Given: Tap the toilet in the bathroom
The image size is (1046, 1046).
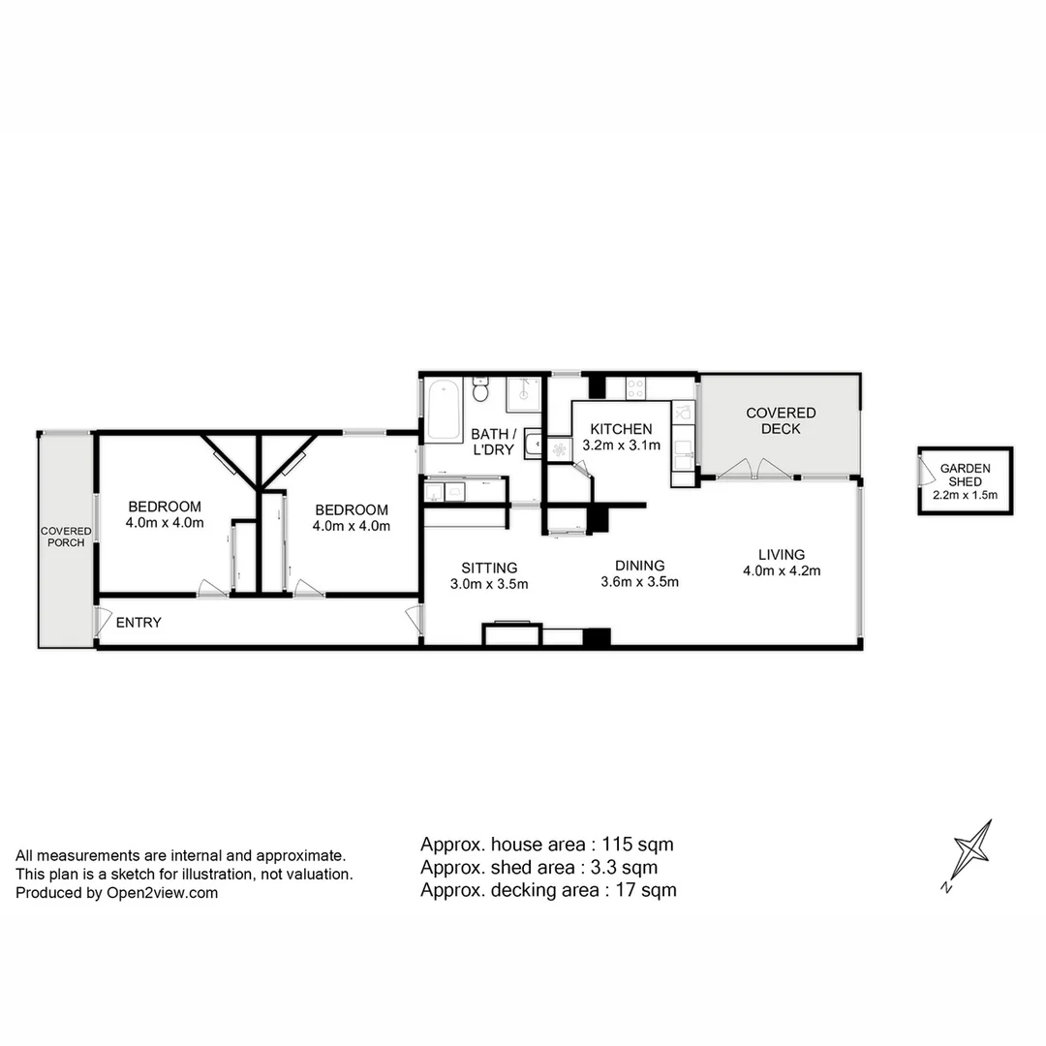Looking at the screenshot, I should tap(479, 391).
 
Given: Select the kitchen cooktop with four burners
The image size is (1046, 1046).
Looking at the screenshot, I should tap(635, 387).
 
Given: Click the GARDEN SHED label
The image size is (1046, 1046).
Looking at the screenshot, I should tap(965, 475).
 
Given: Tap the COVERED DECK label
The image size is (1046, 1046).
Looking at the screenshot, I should tap(781, 420).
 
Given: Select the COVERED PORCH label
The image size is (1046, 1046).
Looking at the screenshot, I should tap(66, 537).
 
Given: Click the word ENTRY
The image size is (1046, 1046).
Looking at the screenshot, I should tap(138, 623).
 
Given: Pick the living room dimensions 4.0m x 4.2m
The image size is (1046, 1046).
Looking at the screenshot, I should tap(782, 570).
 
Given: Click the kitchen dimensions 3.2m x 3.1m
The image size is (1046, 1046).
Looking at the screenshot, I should tap(621, 446).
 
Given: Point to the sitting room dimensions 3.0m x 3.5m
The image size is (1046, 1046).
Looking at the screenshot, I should tap(489, 584).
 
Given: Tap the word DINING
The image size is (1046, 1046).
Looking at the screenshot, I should tap(639, 566).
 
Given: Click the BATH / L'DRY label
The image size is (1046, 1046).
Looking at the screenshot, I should tap(493, 442).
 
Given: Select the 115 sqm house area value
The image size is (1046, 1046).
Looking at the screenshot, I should tap(638, 844).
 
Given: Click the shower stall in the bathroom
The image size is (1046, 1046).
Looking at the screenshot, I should tap(524, 389).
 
